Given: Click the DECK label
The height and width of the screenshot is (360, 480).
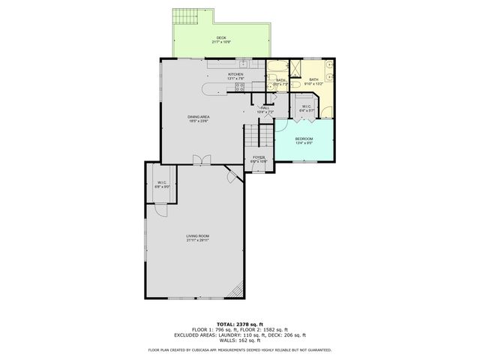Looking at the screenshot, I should pyautogui.click(x=221, y=37).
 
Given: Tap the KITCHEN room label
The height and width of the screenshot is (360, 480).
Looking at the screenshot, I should pyautogui.click(x=236, y=74).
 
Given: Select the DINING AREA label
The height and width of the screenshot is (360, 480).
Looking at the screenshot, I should pyautogui.click(x=199, y=116).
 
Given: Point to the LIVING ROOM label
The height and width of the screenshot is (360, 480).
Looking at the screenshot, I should pyautogui.click(x=198, y=236).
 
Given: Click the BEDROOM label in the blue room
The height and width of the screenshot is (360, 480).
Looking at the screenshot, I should pyautogui.click(x=304, y=139).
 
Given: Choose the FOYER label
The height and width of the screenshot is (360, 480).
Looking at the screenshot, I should pyautogui.click(x=259, y=157).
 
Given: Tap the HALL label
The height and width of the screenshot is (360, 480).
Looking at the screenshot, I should pyautogui.click(x=265, y=108).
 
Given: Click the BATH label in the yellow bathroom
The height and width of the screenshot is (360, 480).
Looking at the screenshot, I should pyautogui.click(x=313, y=79).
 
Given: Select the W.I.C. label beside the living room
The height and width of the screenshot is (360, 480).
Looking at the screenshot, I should pyautogui.click(x=161, y=182).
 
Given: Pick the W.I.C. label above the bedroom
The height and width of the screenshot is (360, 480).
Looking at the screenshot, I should pyautogui.click(x=307, y=106).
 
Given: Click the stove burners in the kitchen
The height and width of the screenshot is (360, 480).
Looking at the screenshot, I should pyautogui.click(x=240, y=87).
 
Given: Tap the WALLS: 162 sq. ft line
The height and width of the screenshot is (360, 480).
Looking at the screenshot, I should pyautogui.click(x=240, y=341).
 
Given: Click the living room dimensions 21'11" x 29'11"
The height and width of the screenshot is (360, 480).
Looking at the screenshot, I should pyautogui.click(x=198, y=241).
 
